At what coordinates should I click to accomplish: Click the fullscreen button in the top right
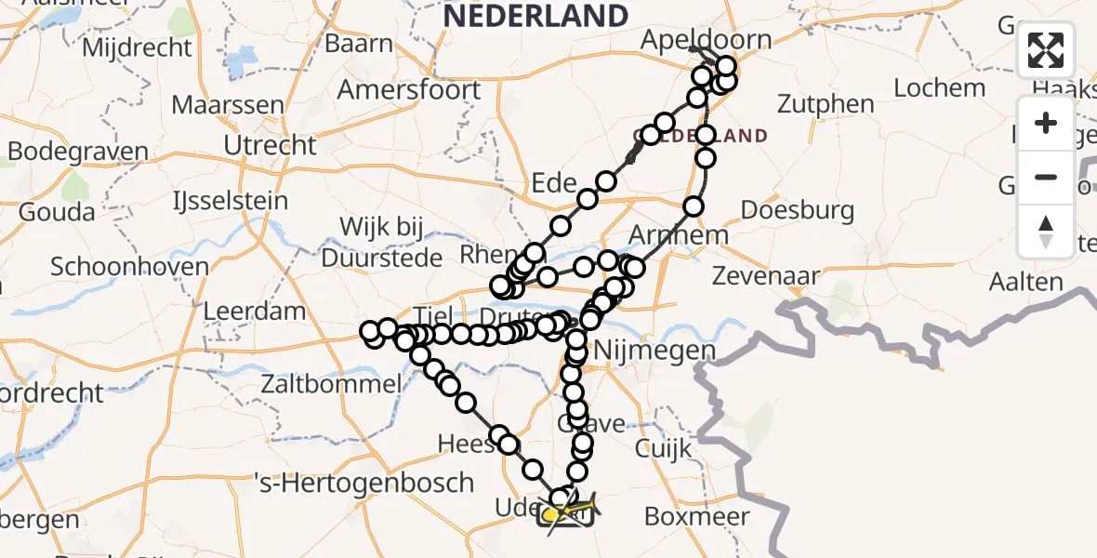point(1046,50)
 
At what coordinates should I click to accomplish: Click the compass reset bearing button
point(1046,232)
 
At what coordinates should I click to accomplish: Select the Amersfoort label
point(409,90)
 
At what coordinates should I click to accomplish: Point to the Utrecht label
point(271,145)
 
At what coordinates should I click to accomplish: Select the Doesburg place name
point(799,210)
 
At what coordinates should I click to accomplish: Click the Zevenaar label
point(767,276)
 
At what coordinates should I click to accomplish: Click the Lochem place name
point(939,88)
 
